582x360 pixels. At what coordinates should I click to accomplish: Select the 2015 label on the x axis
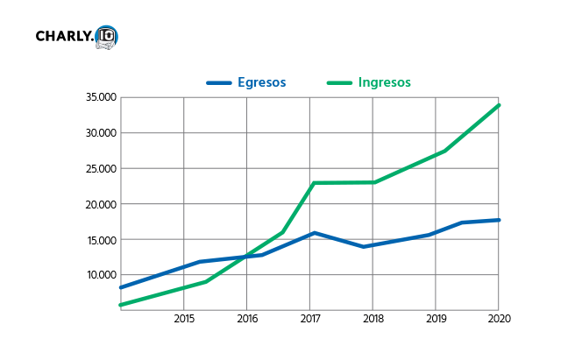184,320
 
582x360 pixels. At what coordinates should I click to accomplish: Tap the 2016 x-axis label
247,320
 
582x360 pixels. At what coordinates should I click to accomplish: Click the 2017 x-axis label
310,320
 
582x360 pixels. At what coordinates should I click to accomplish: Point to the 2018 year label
373,320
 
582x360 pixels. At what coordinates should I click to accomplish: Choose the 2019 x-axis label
436,320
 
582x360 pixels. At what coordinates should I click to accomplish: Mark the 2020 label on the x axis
499,320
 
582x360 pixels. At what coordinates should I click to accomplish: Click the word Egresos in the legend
261,82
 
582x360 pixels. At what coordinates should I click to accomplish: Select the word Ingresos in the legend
384,82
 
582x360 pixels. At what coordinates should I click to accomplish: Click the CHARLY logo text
65,37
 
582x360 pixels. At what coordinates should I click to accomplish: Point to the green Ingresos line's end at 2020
499,105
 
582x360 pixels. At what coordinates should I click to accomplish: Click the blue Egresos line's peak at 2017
313,233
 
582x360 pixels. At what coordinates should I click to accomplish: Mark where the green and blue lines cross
248,256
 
